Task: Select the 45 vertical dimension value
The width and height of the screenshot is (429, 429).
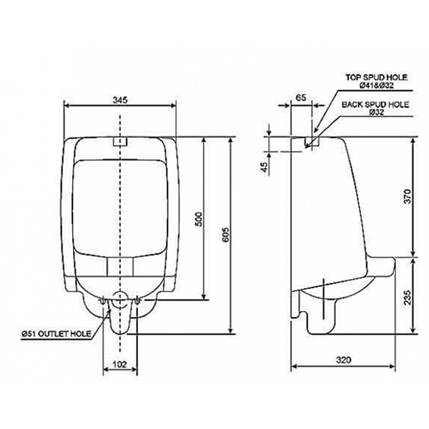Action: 264,167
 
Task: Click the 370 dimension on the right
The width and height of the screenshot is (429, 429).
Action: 408,197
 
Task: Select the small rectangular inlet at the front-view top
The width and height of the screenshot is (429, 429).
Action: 120,141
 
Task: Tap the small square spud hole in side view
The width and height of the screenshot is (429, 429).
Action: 312,142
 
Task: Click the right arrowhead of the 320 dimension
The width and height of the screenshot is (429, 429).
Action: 393,370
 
